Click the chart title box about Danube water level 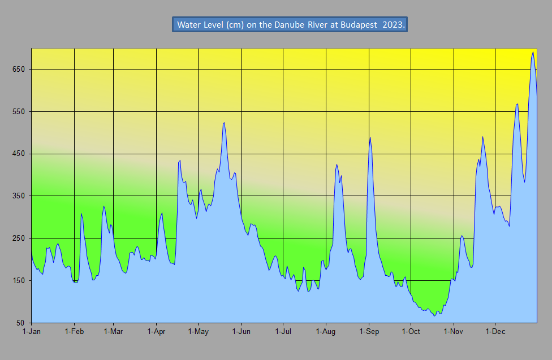tap(290, 25)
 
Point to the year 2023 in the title tap(393, 25)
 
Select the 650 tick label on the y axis tap(18, 70)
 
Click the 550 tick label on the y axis tap(18, 112)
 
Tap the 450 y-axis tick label tap(18, 154)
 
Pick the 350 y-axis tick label tap(18, 196)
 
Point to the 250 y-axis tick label tap(18, 238)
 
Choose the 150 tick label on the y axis tap(18, 281)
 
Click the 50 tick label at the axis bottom tap(20, 323)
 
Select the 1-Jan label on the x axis tap(31, 332)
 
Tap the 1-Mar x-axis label tap(114, 332)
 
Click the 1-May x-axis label tap(198, 332)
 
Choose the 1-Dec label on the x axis tap(495, 332)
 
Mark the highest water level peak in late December tap(533, 52)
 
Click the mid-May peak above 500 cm tap(225, 122)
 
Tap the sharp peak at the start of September tap(370, 137)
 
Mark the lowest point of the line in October tap(434, 315)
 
